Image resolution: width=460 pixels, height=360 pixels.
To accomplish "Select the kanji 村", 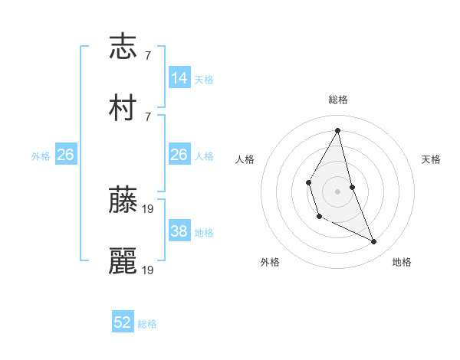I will coord(123,108).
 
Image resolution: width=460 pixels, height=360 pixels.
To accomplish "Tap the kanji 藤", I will coord(123,200).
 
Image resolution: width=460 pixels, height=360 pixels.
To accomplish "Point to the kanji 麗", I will coord(123,261).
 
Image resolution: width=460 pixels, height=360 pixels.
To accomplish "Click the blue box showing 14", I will coord(179,78).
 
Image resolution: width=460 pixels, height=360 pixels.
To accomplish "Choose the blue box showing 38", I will coord(179,231).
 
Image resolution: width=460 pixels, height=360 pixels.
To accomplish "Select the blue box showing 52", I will coord(123,322).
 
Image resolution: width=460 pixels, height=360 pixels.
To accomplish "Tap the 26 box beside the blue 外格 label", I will coord(65,155).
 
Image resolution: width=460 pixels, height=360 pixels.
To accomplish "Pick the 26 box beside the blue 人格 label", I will coord(179,155).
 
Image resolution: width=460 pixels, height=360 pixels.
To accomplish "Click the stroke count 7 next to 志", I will coord(148,56).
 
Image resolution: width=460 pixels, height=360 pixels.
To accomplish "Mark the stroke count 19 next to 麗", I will coord(149,270).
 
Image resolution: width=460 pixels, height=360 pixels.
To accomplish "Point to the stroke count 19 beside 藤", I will coord(149,208).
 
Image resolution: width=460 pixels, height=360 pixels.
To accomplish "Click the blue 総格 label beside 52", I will coord(147,324).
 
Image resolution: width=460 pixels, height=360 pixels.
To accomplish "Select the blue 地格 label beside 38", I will coord(204,233).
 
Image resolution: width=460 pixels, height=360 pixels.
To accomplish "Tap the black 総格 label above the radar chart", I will coord(338,100).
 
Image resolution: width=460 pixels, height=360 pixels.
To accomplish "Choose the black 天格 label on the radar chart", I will coord(431,159).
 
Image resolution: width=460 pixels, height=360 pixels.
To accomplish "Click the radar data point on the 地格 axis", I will coord(374,242).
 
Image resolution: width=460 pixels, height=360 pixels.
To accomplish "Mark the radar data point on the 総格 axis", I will coord(338,130).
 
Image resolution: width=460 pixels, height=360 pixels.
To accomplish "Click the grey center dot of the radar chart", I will coord(338,191).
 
